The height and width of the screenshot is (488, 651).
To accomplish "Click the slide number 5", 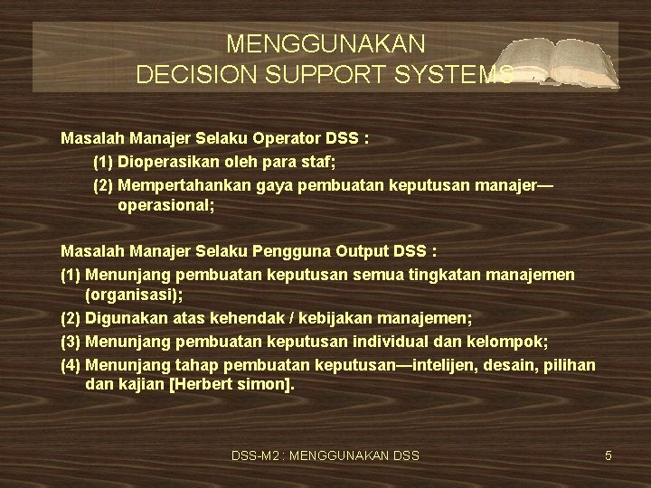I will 609,455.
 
